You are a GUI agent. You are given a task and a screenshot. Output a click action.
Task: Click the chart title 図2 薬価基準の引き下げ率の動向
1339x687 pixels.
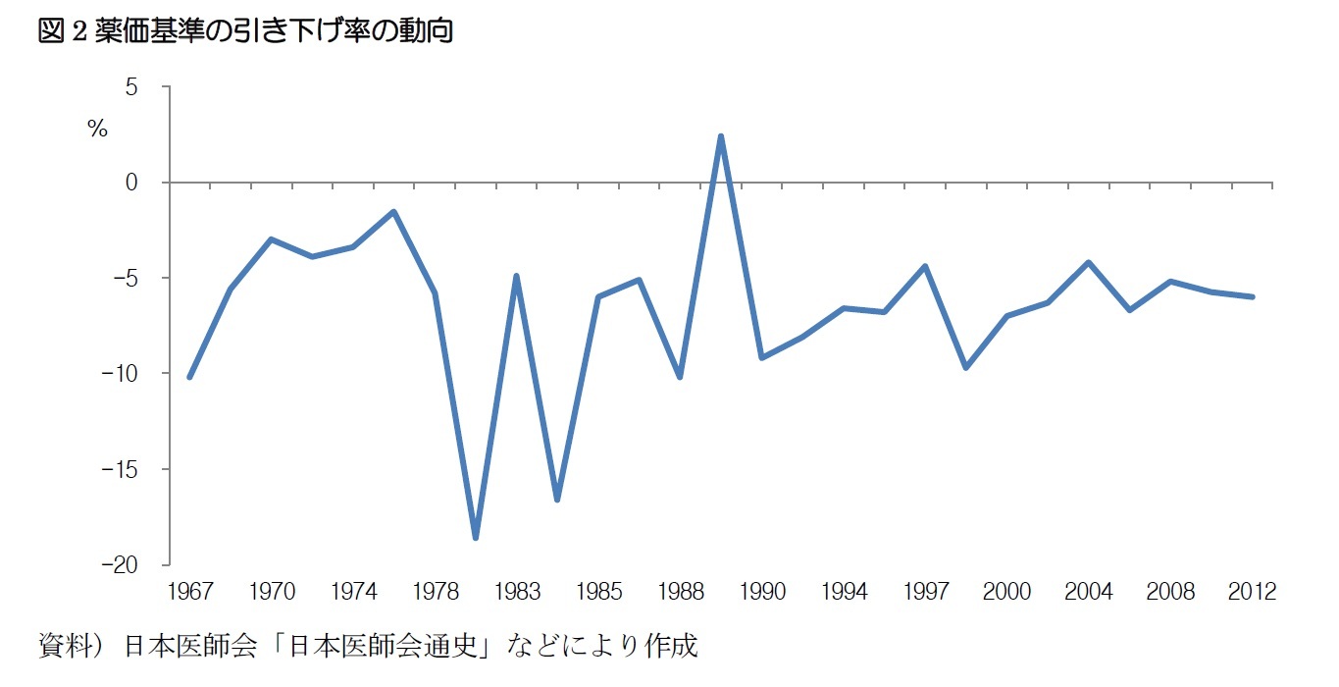[x=244, y=31]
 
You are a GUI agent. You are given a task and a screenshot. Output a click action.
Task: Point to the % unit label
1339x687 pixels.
[x=97, y=129]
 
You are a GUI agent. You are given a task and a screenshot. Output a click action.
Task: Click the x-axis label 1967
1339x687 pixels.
[x=189, y=592]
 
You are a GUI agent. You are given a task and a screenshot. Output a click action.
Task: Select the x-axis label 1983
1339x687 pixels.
[x=516, y=592]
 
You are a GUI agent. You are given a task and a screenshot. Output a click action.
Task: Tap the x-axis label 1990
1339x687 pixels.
[x=762, y=592]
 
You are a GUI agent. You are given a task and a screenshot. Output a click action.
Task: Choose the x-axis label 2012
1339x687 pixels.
[x=1253, y=592]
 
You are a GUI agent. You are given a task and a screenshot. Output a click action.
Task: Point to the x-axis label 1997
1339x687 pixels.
[x=925, y=592]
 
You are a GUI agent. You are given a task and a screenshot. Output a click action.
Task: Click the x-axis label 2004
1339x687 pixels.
[x=1089, y=592]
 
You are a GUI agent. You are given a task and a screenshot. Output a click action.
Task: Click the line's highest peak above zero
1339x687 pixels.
[x=721, y=136]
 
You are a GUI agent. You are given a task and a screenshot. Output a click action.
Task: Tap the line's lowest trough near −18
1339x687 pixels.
[x=476, y=538]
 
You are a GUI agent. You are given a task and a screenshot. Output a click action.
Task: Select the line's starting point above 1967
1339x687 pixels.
[x=189, y=377]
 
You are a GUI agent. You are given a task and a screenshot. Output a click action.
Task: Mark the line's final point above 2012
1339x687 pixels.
[x=1253, y=296]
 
